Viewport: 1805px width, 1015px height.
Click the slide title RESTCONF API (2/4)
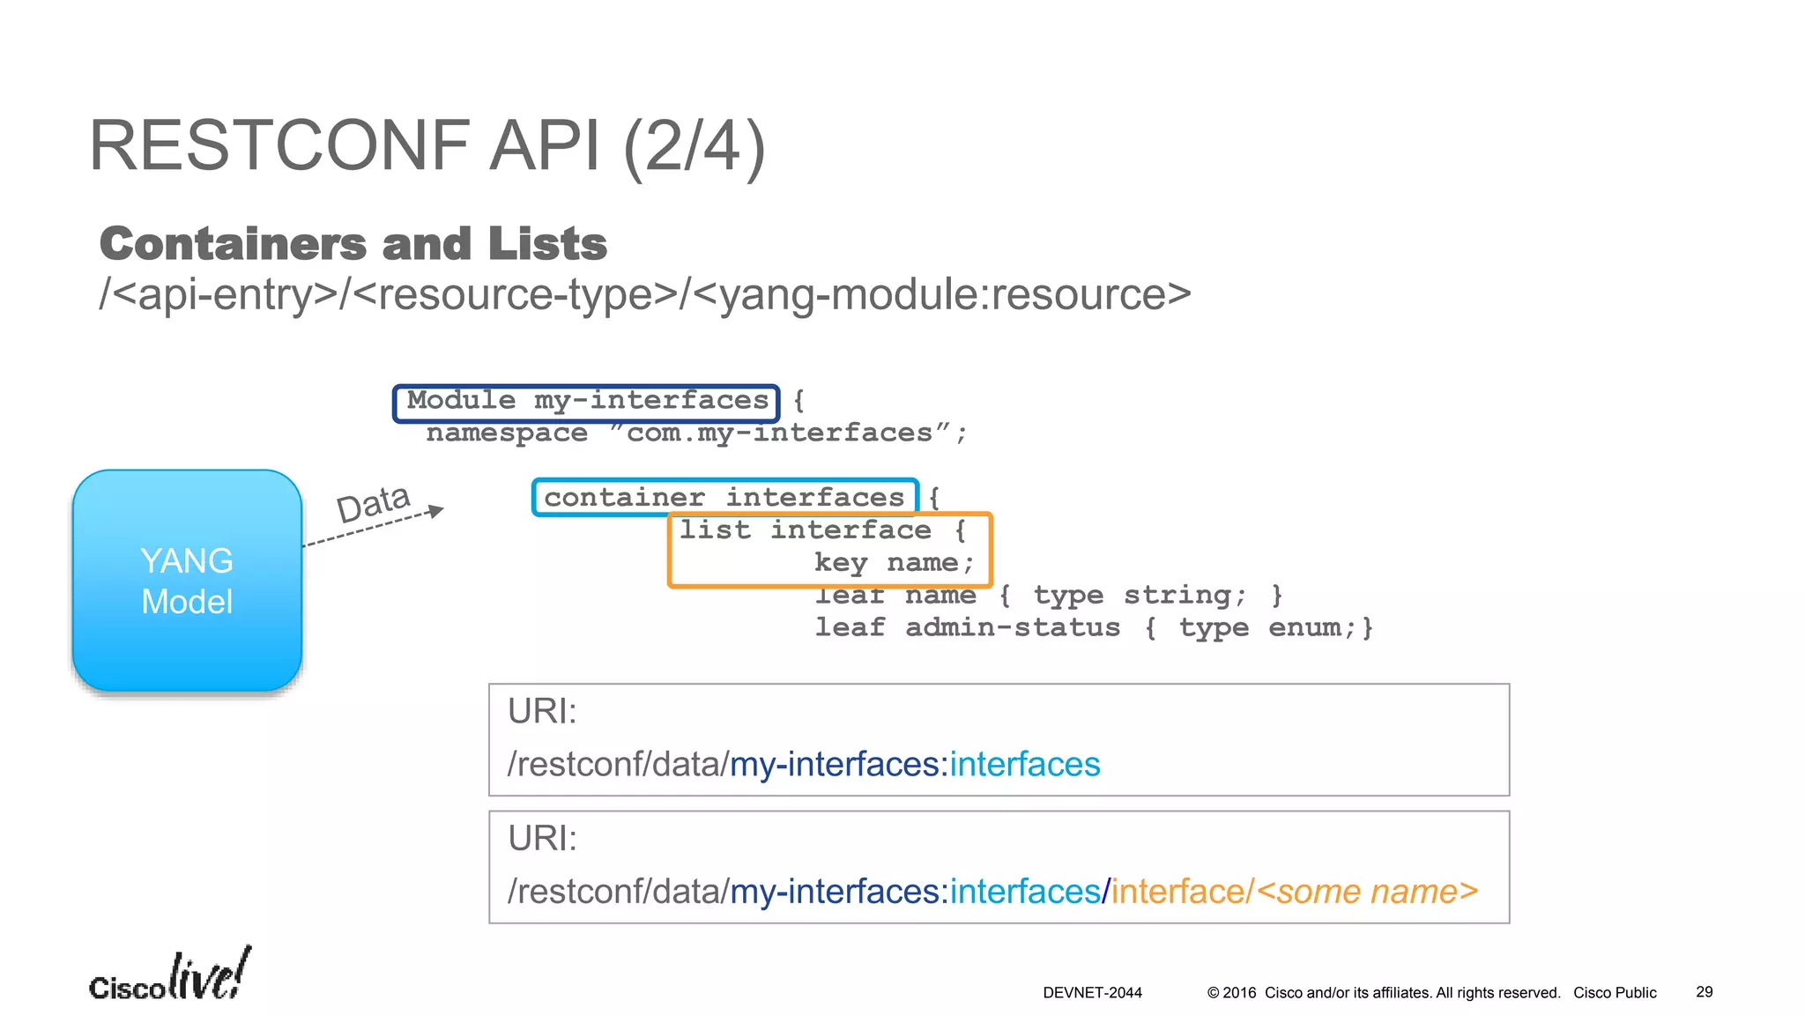(427, 146)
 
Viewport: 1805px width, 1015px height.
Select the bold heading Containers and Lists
(353, 244)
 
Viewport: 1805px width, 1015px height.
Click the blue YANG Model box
(187, 581)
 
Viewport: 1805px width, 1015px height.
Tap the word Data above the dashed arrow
(373, 503)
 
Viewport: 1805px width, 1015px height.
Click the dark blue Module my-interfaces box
(587, 402)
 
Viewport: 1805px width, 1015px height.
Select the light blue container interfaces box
(724, 498)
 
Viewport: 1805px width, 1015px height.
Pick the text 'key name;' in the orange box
(894, 563)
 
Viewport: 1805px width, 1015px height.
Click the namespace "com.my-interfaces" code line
(696, 433)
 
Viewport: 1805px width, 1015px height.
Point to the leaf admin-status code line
(1093, 628)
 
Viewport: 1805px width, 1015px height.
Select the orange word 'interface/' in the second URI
(1181, 892)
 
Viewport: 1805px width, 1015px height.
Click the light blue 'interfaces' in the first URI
(1025, 765)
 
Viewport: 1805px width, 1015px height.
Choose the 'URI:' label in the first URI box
(542, 712)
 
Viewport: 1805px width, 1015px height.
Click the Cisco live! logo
(170, 976)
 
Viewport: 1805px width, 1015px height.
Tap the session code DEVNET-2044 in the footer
(1092, 993)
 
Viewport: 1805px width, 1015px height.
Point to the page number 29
(1704, 992)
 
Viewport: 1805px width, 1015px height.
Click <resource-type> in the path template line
(515, 295)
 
